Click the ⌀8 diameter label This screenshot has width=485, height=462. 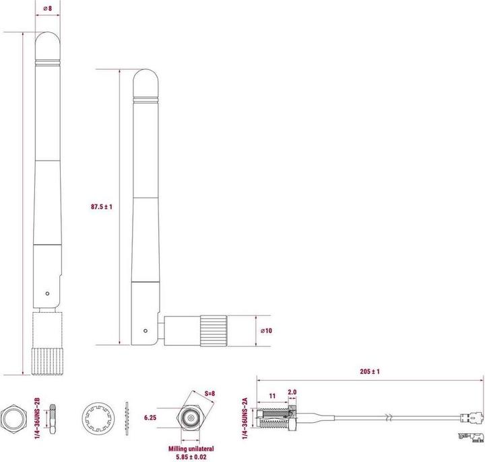tap(48, 9)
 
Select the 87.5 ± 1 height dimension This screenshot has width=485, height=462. tap(101, 207)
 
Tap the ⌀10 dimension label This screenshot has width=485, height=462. tap(265, 331)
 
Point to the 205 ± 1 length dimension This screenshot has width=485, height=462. tap(370, 371)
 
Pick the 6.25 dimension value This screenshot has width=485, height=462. tap(152, 418)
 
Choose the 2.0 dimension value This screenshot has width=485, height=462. tap(292, 391)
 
